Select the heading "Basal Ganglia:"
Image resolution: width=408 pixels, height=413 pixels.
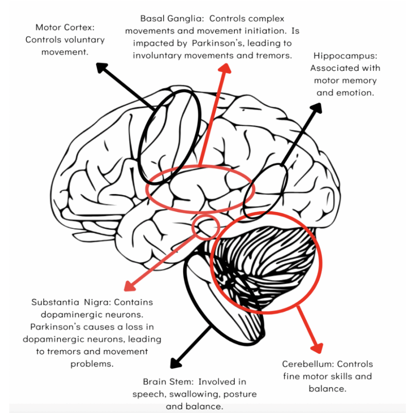click(x=173, y=19)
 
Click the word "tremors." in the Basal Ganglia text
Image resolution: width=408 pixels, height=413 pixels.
click(x=273, y=55)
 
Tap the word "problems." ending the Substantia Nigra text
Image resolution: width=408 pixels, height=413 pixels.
click(x=92, y=364)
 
